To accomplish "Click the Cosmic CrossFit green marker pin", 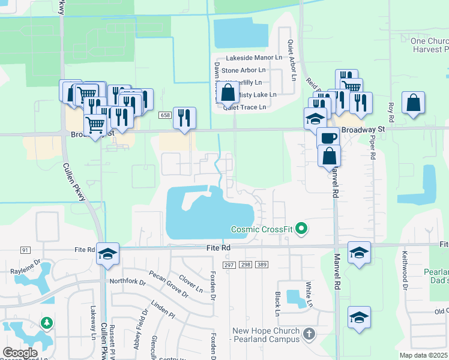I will click(302, 229).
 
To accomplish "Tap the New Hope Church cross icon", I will click(309, 334).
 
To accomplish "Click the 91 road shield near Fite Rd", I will click(25, 249).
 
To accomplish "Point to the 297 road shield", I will click(229, 264).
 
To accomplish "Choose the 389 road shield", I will click(261, 264).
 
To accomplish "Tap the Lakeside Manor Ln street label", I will click(253, 58).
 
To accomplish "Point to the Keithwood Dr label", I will click(405, 271).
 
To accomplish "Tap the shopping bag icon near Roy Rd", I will click(414, 103).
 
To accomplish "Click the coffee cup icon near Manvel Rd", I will click(328, 137).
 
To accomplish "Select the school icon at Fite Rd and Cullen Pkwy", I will click(107, 253).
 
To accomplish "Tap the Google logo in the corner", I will click(20, 352).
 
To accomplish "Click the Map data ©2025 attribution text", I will click(423, 355).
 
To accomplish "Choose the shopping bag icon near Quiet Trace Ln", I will click(228, 92).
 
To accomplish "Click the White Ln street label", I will click(309, 295).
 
